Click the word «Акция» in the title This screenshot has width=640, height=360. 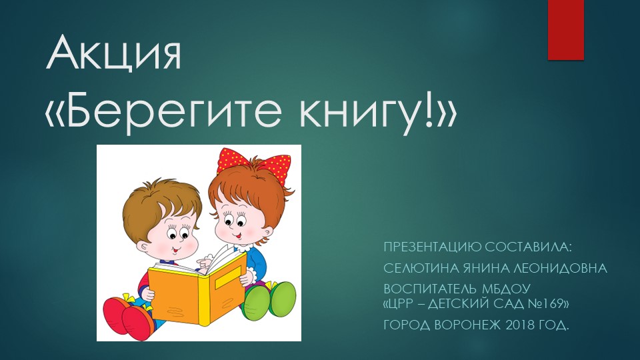[x=113, y=54]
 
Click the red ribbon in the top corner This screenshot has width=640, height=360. [x=566, y=30]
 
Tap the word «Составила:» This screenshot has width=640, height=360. [x=533, y=247]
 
